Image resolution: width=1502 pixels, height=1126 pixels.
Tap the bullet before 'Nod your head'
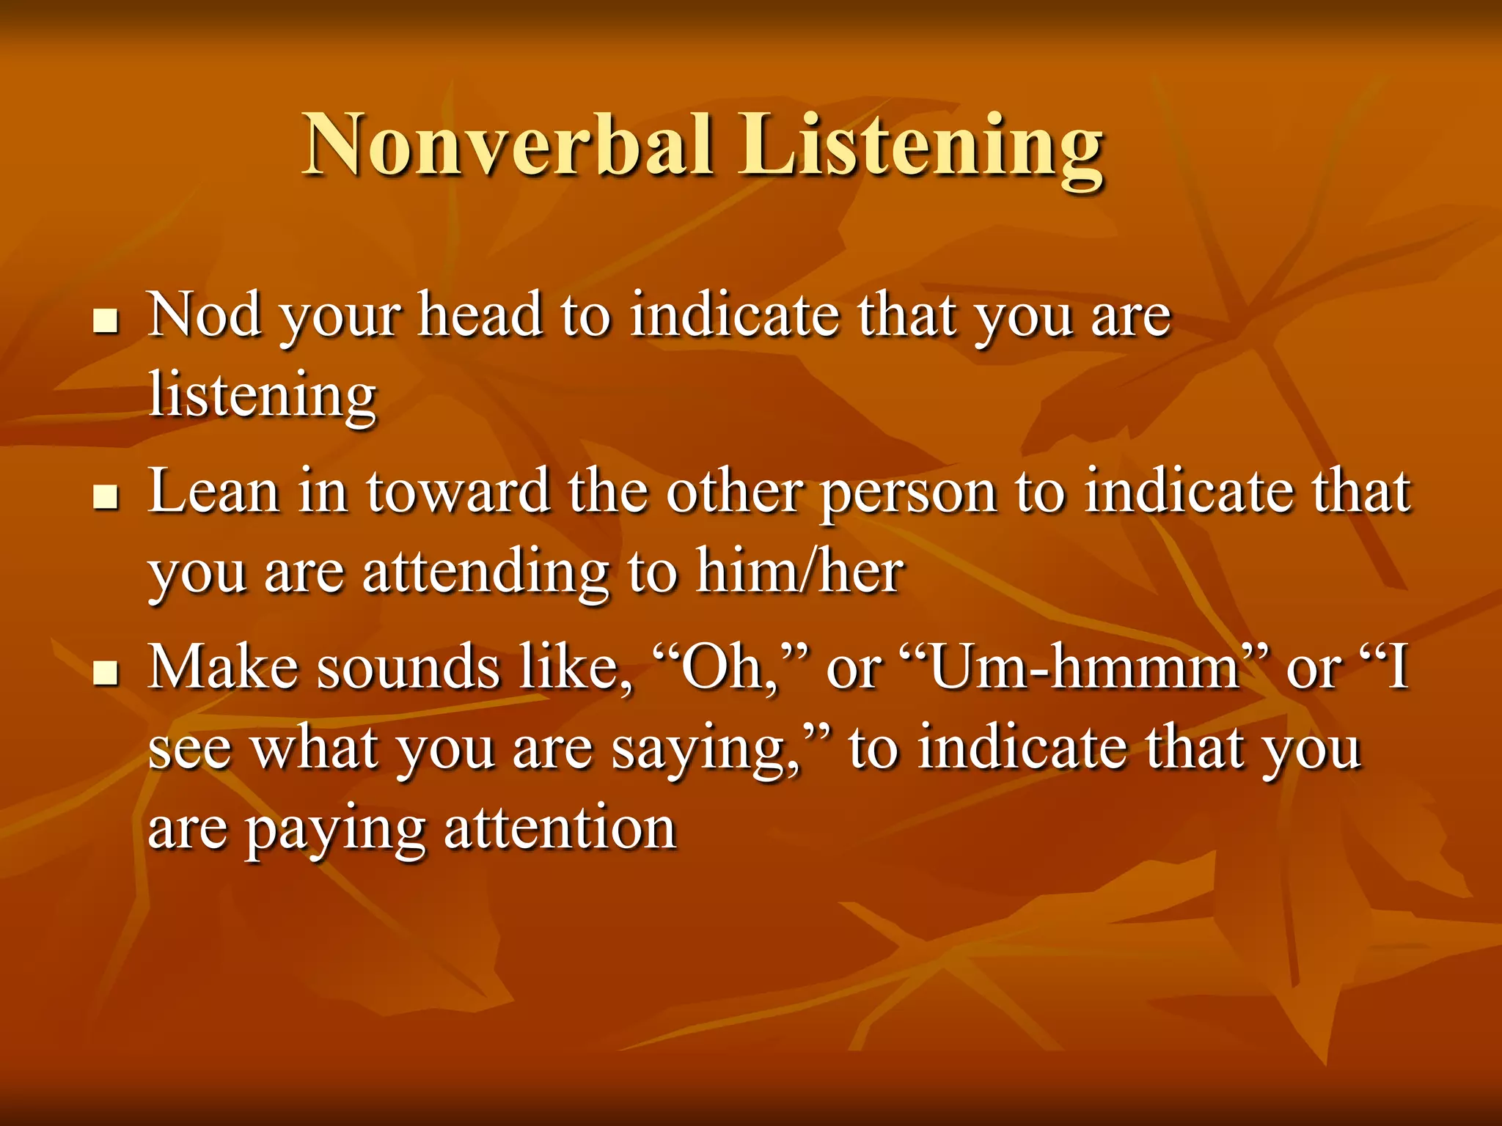coord(106,320)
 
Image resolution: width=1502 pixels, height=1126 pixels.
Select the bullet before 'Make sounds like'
coord(106,672)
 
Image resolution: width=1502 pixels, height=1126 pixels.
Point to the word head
coord(480,315)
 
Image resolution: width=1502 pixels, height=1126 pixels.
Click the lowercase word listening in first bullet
coord(262,396)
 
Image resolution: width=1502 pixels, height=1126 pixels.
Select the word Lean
coord(213,491)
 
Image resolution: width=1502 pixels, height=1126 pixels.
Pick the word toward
coord(458,491)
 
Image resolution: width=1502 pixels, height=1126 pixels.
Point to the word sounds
coord(408,667)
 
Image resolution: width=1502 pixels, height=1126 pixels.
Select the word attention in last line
coord(560,828)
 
